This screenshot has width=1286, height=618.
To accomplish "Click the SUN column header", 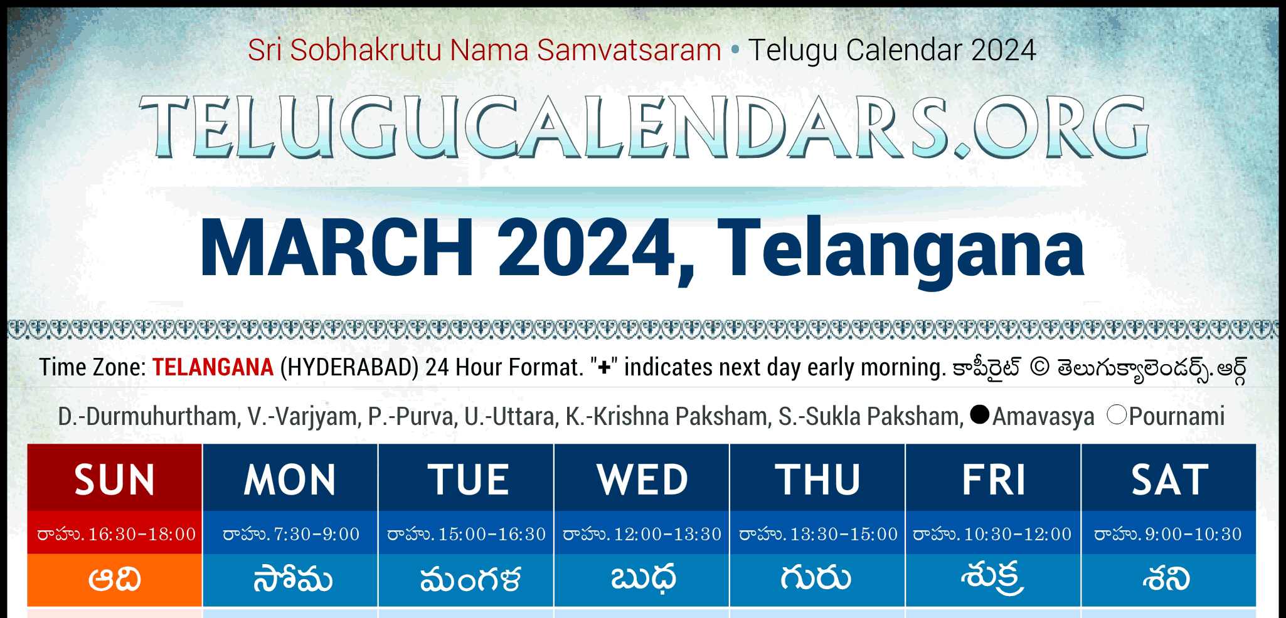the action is (115, 478).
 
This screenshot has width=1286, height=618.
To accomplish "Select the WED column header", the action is (642, 478).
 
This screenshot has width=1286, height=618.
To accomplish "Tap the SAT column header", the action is (1169, 478).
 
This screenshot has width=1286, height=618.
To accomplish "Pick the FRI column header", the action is (993, 478).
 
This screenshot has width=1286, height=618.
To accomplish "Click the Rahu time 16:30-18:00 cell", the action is (115, 533).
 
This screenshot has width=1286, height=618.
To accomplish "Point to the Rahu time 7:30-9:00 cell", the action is (290, 533).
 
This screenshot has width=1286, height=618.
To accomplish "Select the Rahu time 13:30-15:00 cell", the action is (817, 533).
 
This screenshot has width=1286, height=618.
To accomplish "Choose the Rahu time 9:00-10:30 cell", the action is (1169, 533).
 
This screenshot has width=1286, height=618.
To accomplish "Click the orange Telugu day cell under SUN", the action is (115, 580).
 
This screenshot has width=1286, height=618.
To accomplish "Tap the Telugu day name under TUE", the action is (470, 580).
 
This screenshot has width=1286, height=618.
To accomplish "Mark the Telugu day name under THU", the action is (816, 577).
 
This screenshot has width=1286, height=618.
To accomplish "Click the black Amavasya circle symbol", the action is (979, 414).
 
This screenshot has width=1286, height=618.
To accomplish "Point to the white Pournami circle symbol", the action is (1117, 414).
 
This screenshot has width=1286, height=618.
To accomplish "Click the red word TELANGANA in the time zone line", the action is (213, 367).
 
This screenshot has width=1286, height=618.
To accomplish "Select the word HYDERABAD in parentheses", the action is (349, 367).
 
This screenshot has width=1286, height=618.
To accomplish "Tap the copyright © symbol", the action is (1039, 367).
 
